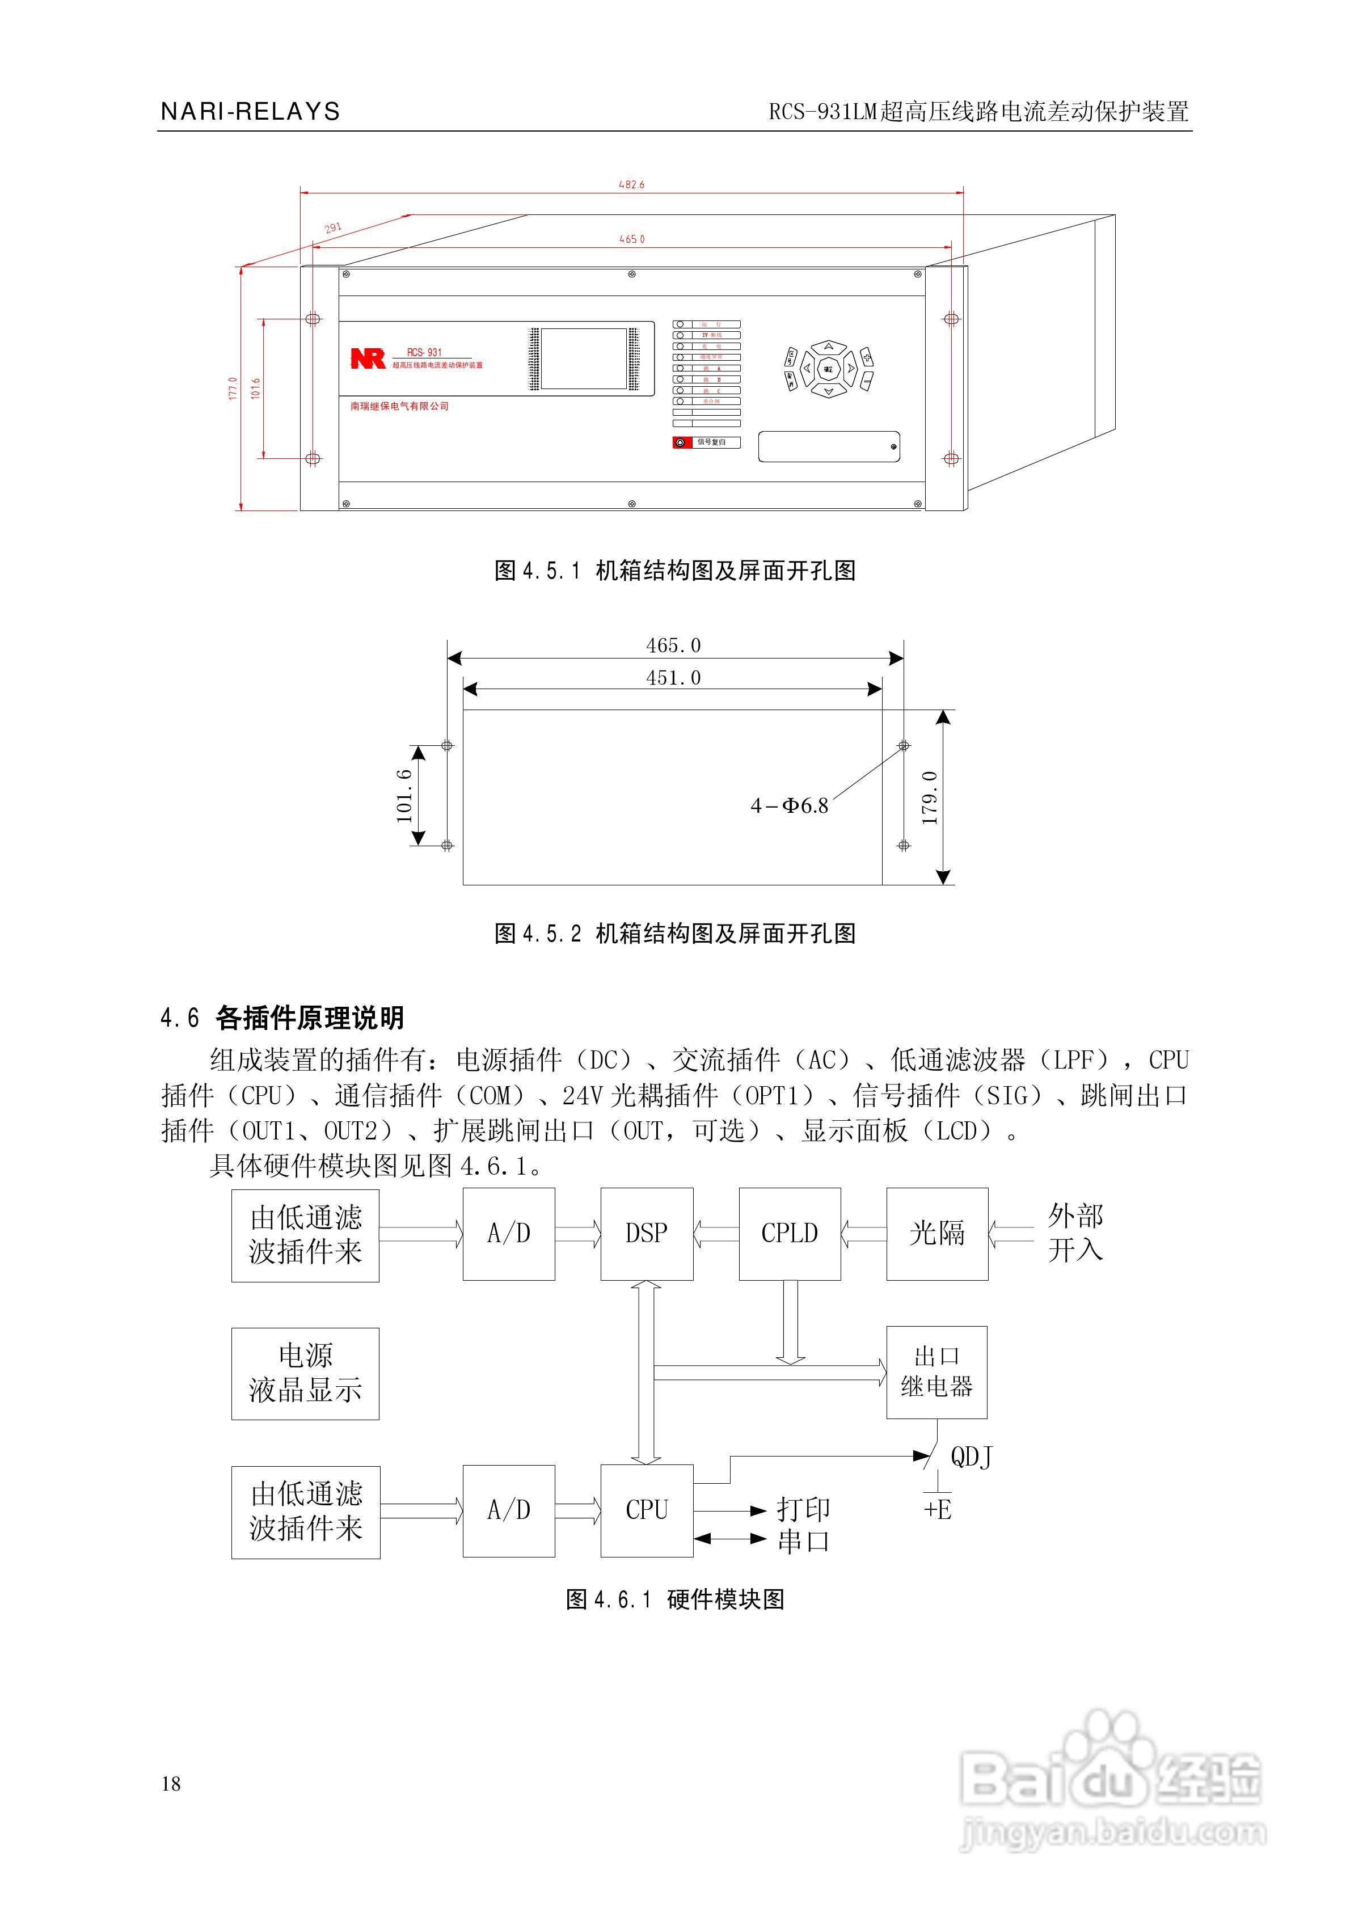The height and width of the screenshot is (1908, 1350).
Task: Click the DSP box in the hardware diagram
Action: tap(646, 1233)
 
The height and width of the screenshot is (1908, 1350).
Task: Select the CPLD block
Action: tap(789, 1233)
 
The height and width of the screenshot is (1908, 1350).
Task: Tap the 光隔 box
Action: tap(937, 1233)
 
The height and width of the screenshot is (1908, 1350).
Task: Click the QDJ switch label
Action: tap(971, 1457)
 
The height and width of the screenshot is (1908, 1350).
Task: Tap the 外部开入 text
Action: tap(1075, 1233)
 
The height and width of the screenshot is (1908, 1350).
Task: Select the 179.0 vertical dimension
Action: tap(929, 798)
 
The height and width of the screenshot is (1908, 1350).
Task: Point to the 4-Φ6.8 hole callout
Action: tap(790, 805)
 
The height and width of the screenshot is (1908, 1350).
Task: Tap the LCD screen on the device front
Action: tap(584, 358)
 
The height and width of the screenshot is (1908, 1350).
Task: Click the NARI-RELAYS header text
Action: tap(250, 111)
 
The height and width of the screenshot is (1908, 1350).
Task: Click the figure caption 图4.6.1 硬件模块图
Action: tap(675, 1599)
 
